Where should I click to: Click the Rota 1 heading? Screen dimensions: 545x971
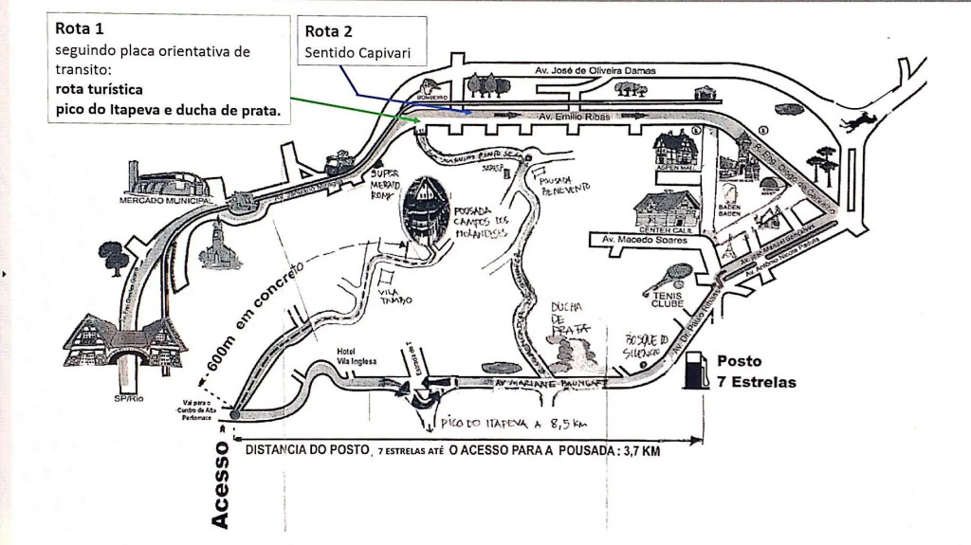81,28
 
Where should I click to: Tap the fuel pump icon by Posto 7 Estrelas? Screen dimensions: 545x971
697,370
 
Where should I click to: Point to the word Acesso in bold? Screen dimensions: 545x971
220,483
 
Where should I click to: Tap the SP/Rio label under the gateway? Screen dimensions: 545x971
126,398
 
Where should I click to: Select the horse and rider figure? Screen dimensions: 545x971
860,121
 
